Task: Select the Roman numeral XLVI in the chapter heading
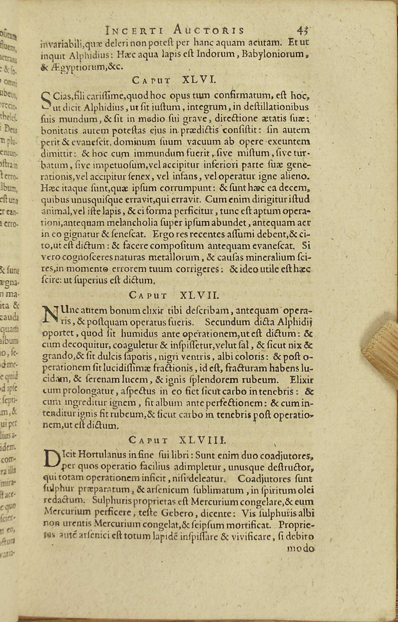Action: pos(199,80)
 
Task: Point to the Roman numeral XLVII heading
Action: pos(200,295)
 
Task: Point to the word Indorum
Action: pos(213,54)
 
